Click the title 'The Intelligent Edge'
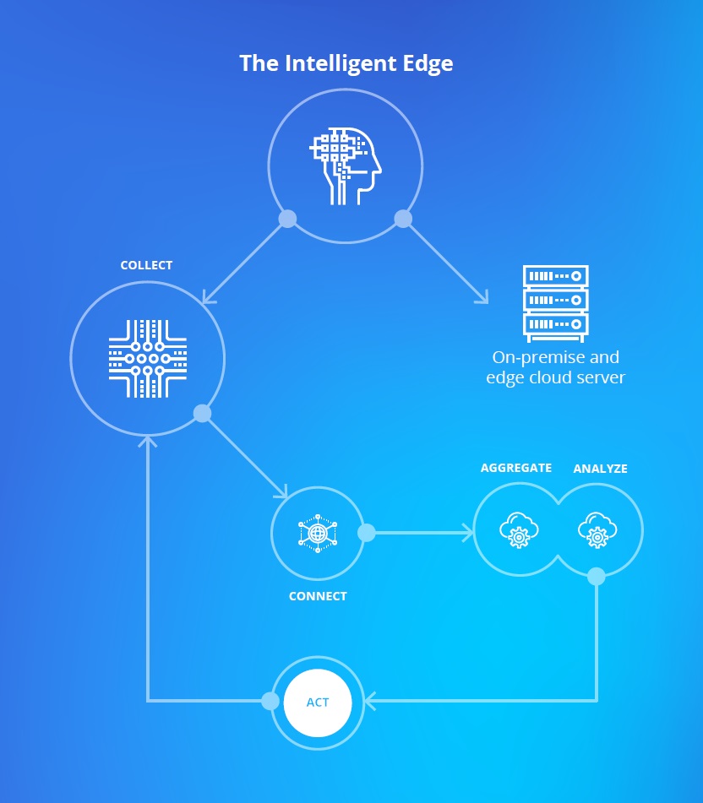(346, 64)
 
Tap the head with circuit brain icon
(346, 166)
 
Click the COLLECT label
(146, 265)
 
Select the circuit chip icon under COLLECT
(148, 359)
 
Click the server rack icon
(555, 303)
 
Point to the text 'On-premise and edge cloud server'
(555, 367)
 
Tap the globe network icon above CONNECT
(318, 533)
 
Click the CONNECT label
(318, 596)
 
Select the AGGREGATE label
(516, 468)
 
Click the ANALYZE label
(600, 469)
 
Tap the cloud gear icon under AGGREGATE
(519, 529)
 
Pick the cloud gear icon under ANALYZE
(597, 529)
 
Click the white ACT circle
(318, 703)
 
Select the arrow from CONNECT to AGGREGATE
(421, 533)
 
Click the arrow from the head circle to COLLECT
(243, 263)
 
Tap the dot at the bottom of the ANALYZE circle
(597, 576)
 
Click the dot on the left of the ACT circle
(270, 701)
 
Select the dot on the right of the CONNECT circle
(367, 533)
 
